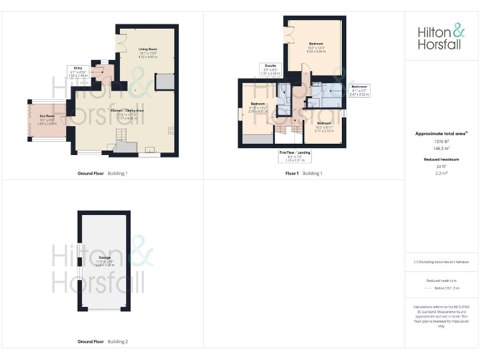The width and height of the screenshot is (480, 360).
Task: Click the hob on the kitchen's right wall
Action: click(x=171, y=130)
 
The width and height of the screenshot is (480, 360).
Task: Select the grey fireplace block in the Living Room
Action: click(x=164, y=81)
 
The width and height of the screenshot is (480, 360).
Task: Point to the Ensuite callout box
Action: click(x=269, y=71)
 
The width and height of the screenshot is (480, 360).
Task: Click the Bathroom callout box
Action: click(x=359, y=90)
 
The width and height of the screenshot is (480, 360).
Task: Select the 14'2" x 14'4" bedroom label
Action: click(x=316, y=46)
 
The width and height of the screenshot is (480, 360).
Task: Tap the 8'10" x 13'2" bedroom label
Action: click(x=258, y=106)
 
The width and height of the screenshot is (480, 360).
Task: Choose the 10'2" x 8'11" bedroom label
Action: click(x=324, y=126)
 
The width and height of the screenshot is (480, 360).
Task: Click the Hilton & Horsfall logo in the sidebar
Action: click(x=441, y=36)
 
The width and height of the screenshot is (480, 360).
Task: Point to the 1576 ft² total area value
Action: click(x=441, y=141)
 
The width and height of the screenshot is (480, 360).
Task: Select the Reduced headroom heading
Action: click(x=441, y=159)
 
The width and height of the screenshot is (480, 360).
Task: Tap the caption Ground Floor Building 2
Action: click(x=102, y=342)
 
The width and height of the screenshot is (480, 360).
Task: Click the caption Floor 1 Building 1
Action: click(x=304, y=173)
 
